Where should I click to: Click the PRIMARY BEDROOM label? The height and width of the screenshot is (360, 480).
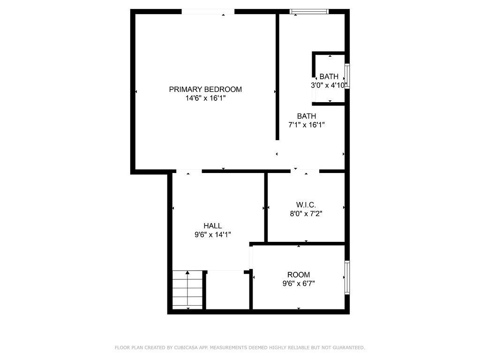pyautogui.click(x=205, y=90)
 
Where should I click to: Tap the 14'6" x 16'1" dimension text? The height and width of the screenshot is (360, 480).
pyautogui.click(x=205, y=98)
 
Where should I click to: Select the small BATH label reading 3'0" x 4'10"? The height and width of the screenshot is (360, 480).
pyautogui.click(x=329, y=77)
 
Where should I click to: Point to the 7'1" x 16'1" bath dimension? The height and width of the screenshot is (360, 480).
pyautogui.click(x=306, y=125)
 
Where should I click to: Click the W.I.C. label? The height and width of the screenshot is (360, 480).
pyautogui.click(x=306, y=205)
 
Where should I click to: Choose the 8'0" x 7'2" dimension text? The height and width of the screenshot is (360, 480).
pyautogui.click(x=306, y=214)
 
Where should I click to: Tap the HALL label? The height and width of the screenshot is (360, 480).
pyautogui.click(x=212, y=226)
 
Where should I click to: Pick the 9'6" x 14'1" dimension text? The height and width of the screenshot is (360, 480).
pyautogui.click(x=212, y=235)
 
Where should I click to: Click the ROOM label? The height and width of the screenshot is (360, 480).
pyautogui.click(x=299, y=275)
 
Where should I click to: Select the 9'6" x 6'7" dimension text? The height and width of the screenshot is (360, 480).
pyautogui.click(x=299, y=284)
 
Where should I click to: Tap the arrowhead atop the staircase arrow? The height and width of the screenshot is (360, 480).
pyautogui.click(x=187, y=272)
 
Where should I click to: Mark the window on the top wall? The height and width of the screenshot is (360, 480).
pyautogui.click(x=309, y=12)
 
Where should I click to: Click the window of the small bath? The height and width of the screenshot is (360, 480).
pyautogui.click(x=347, y=76)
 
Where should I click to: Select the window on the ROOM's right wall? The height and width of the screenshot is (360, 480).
pyautogui.click(x=347, y=277)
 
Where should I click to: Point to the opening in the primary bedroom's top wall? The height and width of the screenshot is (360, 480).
pyautogui.click(x=208, y=12)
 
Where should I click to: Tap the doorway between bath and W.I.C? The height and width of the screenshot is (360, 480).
pyautogui.click(x=305, y=171)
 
